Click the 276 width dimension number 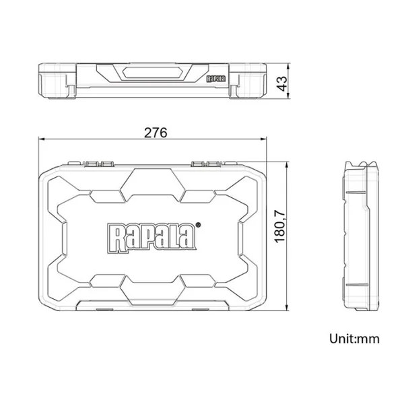tap(156, 133)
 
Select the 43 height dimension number tap(281, 83)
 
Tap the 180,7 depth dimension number tap(280, 227)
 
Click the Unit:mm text tap(354, 339)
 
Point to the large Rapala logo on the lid tap(151, 238)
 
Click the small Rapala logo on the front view tap(216, 79)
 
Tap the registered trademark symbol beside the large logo tap(198, 225)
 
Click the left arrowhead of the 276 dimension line tap(42, 139)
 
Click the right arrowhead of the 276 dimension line tap(263, 139)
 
